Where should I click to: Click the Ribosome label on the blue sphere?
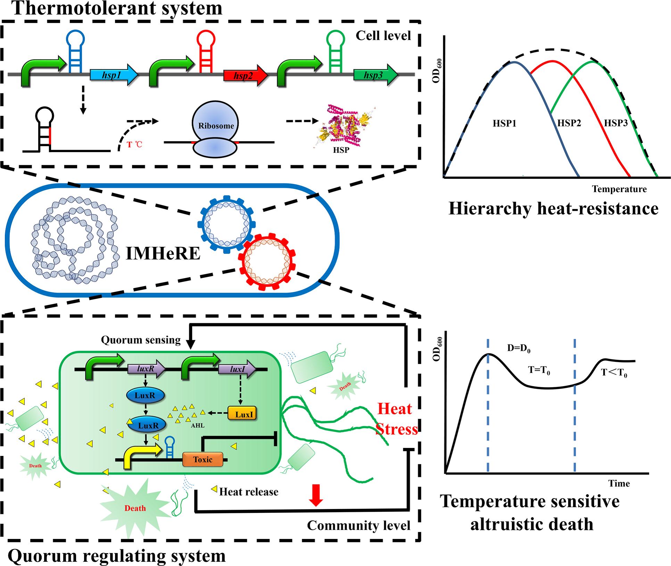point(216,126)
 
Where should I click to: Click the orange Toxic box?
point(203,459)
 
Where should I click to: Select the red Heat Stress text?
point(396,419)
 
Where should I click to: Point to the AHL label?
point(198,425)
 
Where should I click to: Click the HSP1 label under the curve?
point(504,123)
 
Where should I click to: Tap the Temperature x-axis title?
point(619,189)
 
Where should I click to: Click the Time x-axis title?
point(619,483)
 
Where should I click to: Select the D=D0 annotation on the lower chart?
point(519,348)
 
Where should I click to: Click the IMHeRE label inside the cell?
point(163,253)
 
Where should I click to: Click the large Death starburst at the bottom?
point(135,508)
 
